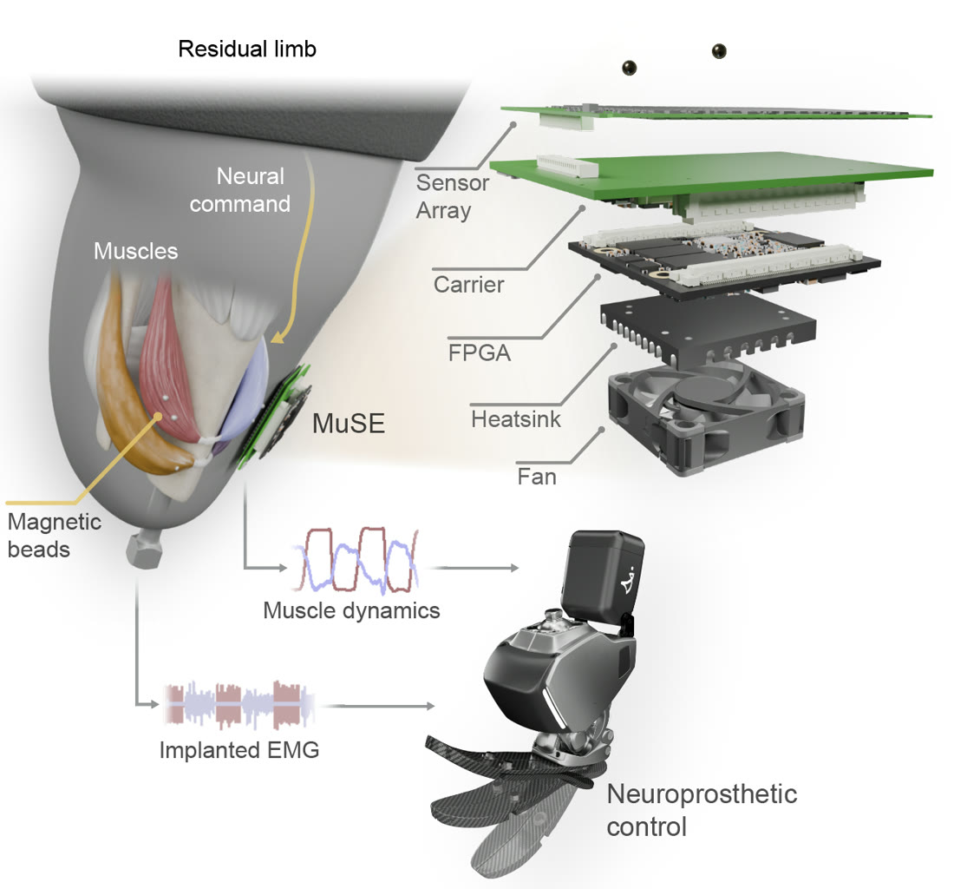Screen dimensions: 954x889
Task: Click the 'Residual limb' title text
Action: click(247, 49)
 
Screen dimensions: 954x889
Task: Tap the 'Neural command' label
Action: click(239, 190)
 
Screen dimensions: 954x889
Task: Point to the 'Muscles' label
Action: click(135, 251)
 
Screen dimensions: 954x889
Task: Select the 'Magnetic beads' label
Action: click(54, 536)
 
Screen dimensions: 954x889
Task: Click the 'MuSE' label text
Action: click(349, 423)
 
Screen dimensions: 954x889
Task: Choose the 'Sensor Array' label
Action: click(453, 196)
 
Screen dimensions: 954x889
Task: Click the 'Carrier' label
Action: click(468, 285)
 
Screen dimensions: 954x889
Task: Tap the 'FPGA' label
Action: click(480, 353)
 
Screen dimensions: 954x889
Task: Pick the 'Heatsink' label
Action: click(516, 419)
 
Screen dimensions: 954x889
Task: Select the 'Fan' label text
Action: click(537, 476)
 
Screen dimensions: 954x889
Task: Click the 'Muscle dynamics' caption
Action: click(351, 610)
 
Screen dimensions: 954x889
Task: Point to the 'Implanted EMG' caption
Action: click(239, 749)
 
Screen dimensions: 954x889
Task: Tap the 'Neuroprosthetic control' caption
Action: click(702, 810)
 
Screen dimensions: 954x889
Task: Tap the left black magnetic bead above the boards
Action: click(629, 67)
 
